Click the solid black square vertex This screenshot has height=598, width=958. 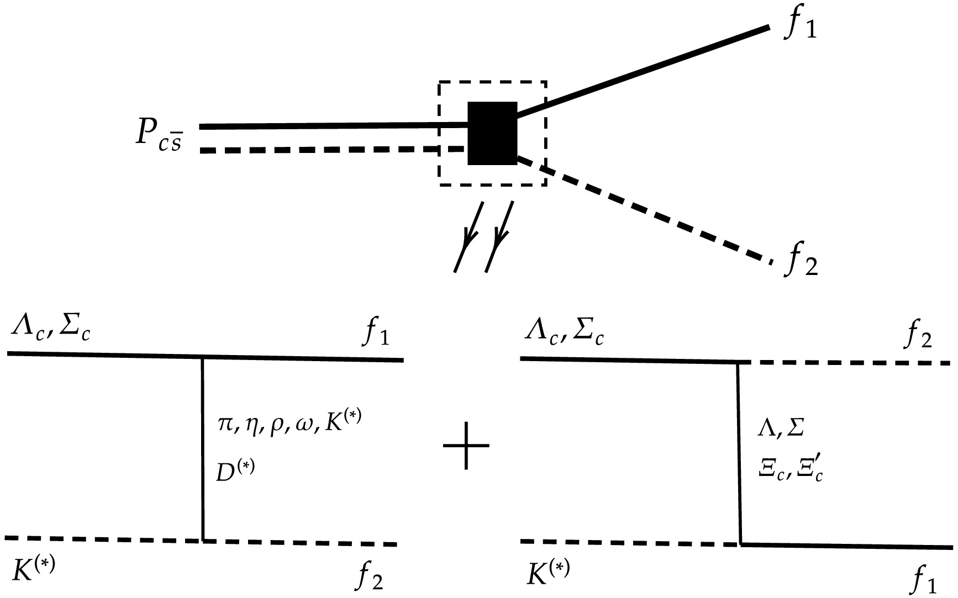click(492, 133)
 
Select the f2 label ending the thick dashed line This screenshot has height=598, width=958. click(801, 261)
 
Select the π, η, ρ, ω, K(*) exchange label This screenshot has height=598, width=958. click(290, 426)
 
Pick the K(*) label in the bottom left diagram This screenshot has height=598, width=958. click(33, 569)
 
